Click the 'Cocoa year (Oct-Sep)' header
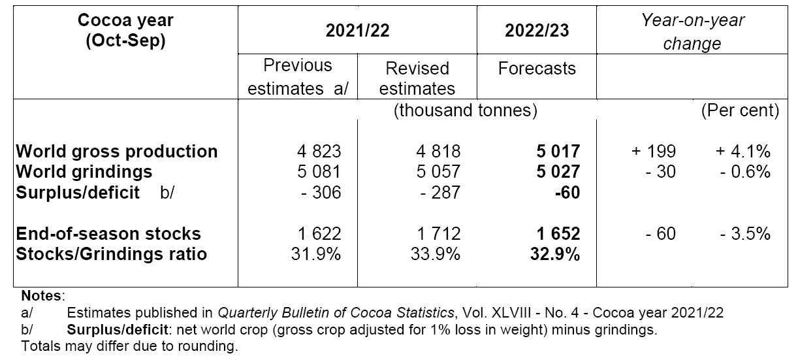pos(125,30)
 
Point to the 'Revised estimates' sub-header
pos(417,78)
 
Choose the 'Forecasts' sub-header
pos(537,69)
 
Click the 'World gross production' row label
pos(117,152)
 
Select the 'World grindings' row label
pos(84,171)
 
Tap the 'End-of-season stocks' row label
pos(108,234)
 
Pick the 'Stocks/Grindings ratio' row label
pos(111,254)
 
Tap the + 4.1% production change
pos(742,152)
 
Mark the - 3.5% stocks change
pos(744,234)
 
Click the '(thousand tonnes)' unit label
pos(465,110)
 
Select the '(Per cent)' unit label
pos(740,110)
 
